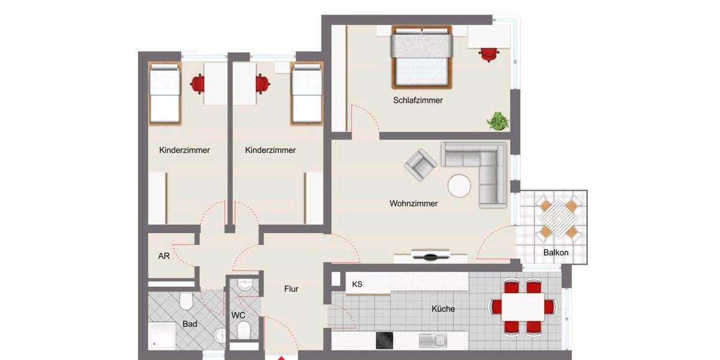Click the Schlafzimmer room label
coord(418,100)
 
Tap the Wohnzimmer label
coord(413,203)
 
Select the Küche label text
coord(443,309)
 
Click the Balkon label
coord(556,253)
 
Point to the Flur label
coord(291,289)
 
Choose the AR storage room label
coord(163,256)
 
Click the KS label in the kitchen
coord(357,284)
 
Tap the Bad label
coord(190,324)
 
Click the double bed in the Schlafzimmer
coord(421,56)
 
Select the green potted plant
coord(497,121)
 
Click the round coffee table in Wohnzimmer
coord(460,186)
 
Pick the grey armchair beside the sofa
coord(420,164)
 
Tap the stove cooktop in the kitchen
coord(384,340)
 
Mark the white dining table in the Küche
coord(523,307)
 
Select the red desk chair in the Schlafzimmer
coord(488,53)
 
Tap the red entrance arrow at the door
coord(280,358)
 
